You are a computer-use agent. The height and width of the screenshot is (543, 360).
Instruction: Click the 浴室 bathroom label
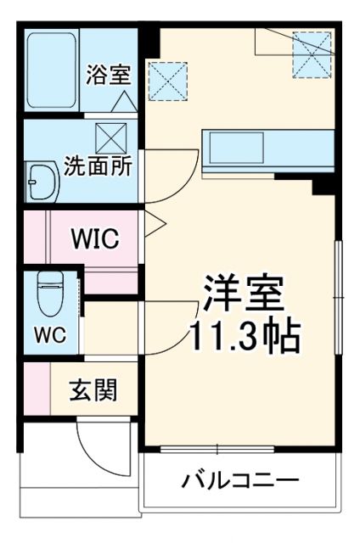(x=108, y=74)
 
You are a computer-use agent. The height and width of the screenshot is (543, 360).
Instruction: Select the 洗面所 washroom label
(x=98, y=164)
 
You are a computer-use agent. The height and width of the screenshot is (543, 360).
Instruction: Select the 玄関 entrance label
(x=93, y=391)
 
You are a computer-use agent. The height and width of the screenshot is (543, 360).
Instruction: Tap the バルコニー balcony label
(x=240, y=481)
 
